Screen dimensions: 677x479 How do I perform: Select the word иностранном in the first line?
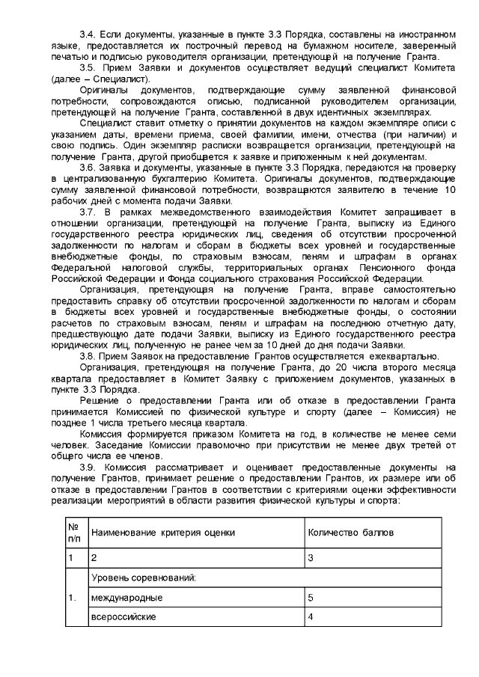[x=424, y=36]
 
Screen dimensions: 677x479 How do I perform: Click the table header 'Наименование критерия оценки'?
[x=162, y=533]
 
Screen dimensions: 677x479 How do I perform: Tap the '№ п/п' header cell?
[x=74, y=533]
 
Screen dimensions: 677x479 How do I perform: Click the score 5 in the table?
[x=311, y=598]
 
